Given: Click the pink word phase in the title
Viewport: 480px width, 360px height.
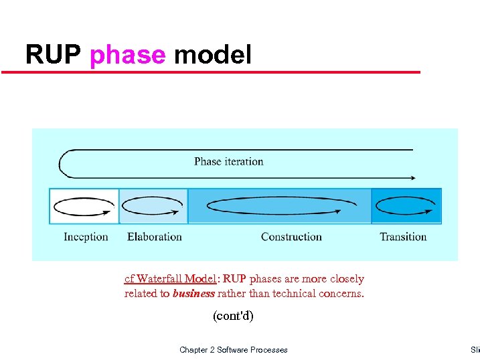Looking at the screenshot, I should [127, 55].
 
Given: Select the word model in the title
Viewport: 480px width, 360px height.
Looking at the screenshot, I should [212, 55].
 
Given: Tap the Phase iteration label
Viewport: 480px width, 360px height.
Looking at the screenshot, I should [228, 161].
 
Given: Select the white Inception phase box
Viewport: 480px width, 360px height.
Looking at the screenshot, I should [84, 206].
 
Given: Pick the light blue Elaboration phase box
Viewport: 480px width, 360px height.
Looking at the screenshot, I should [153, 206].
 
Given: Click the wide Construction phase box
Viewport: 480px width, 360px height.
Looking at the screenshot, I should [279, 206].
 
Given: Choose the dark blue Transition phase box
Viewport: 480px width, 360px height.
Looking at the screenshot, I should [406, 206].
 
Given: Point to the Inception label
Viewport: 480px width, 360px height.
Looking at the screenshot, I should [86, 237].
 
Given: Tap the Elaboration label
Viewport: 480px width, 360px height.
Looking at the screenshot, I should [154, 237].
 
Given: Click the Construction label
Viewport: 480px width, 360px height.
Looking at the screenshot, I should [291, 237].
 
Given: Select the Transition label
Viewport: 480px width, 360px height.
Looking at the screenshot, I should [403, 237].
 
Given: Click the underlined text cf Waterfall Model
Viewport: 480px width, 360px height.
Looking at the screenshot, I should [171, 279].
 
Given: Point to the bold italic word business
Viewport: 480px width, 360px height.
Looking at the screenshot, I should [193, 294].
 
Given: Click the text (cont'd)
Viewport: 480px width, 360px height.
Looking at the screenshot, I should [233, 315].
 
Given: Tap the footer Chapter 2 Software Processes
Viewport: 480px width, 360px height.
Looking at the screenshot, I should [233, 350].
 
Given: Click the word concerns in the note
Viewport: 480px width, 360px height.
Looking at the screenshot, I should [342, 294].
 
